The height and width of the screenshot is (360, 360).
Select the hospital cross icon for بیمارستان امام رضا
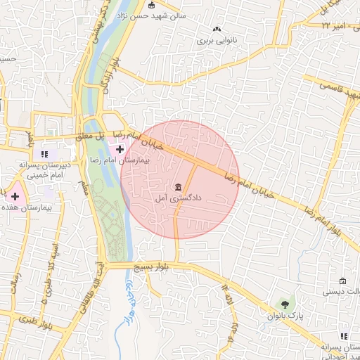pyautogui.click(x=120, y=149)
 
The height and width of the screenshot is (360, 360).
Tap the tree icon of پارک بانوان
pyautogui.click(x=285, y=304)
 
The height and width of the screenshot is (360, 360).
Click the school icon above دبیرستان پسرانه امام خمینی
pyautogui.click(x=44, y=153)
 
